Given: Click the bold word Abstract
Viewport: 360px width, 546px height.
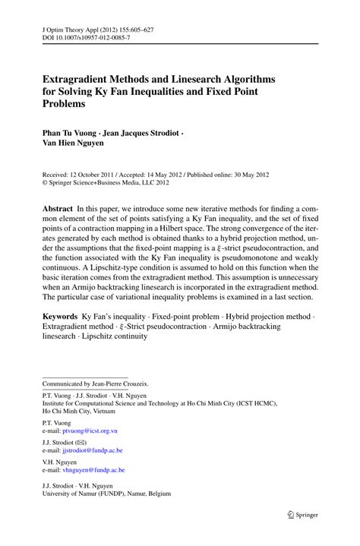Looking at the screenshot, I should [x=58, y=207].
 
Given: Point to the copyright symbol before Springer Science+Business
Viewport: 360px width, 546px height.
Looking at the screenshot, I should [x=46, y=182].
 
